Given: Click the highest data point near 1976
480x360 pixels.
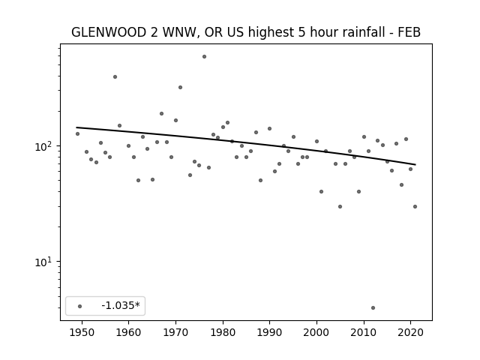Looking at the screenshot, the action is [x=204, y=57].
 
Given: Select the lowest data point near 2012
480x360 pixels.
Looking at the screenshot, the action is [x=373, y=308].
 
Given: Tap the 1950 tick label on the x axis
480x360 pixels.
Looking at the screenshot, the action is [x=82, y=332].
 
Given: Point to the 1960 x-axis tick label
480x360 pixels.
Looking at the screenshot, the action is [x=128, y=332].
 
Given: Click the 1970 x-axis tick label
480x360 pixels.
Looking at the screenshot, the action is [x=175, y=332].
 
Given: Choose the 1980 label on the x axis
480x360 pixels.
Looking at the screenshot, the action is [x=223, y=332].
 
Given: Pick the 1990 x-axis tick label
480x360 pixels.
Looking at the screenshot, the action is [x=270, y=332].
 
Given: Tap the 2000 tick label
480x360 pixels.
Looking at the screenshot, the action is [x=316, y=332].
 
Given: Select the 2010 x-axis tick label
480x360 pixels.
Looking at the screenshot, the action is [x=364, y=332].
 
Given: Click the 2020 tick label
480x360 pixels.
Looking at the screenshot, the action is [x=411, y=332].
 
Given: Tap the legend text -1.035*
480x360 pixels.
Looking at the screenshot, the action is [x=121, y=305].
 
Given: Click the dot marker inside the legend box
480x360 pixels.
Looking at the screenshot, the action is [x=80, y=306].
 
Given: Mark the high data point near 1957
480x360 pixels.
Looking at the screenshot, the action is [x=115, y=76].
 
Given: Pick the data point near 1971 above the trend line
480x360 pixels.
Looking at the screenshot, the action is [x=180, y=87].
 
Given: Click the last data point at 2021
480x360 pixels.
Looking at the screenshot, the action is [x=415, y=207].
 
